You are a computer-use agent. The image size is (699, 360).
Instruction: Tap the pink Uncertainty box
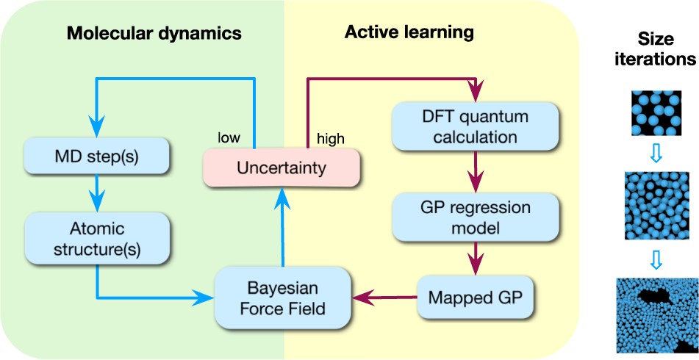pos(282,168)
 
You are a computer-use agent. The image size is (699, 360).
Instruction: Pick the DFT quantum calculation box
pos(475,127)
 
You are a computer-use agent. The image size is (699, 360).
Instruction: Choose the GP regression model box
pos(475,218)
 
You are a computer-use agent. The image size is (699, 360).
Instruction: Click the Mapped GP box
pos(475,298)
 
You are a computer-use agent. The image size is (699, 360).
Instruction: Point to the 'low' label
pos(229,137)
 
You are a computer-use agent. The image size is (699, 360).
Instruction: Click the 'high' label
pos(330,139)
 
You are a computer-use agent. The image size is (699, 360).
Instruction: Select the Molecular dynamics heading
pos(154,33)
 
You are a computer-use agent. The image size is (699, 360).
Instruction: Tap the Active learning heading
pos(409,32)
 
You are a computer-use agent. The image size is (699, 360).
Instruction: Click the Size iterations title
pos(656,49)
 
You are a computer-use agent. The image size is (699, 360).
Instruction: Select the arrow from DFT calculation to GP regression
pos(475,172)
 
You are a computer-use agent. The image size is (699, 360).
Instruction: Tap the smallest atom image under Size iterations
pos(656,113)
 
